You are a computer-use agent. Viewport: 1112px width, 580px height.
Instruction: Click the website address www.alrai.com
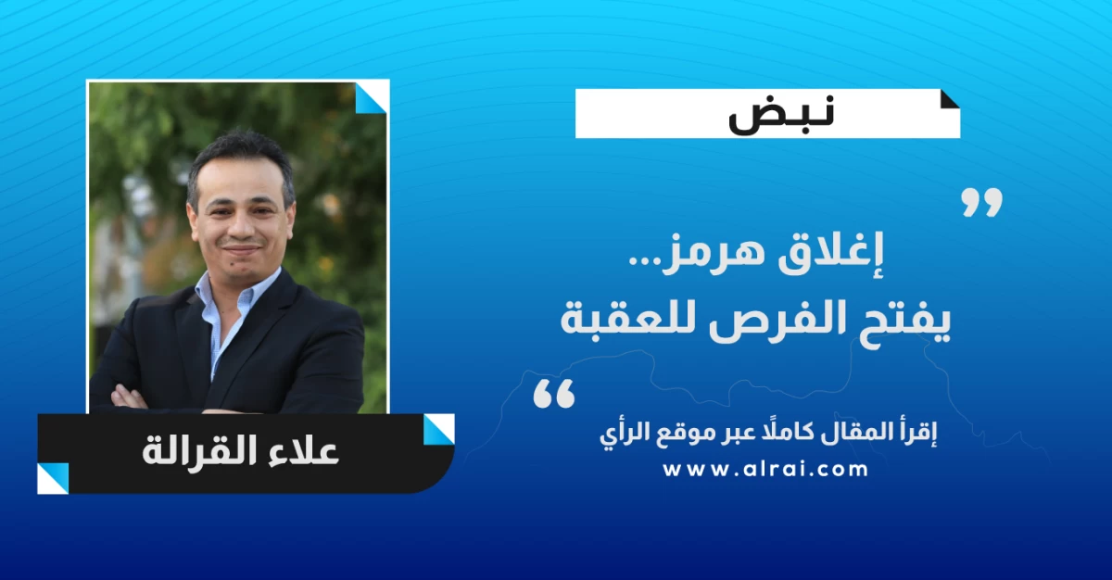(765, 470)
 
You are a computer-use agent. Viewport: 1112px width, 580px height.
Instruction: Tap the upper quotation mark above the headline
(982, 202)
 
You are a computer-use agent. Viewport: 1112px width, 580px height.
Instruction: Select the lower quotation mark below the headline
(554, 394)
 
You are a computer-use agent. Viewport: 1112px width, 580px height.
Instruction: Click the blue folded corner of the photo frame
(371, 98)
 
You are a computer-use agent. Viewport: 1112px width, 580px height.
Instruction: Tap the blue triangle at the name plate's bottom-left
(53, 478)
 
